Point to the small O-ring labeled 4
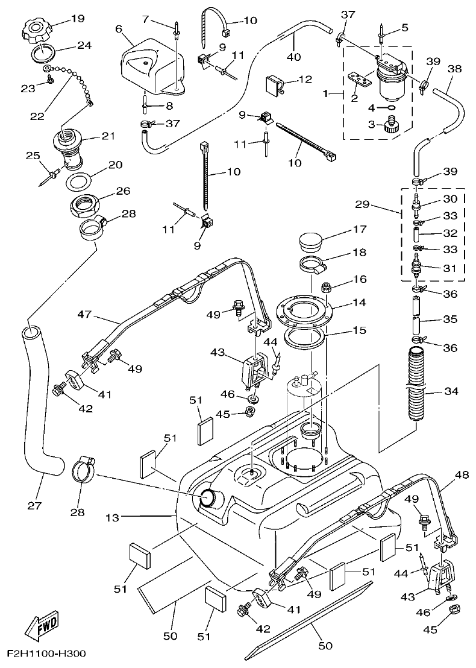[x=390, y=109]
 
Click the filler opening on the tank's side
[x=207, y=497]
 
